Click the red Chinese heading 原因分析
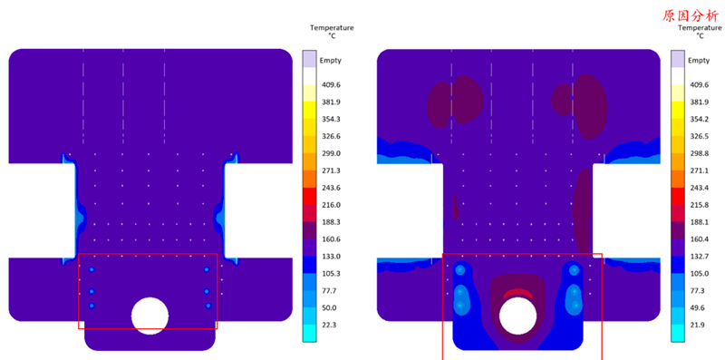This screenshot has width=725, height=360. [691, 16]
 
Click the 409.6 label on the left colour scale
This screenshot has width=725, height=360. [331, 85]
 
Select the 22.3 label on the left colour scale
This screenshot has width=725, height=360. [329, 325]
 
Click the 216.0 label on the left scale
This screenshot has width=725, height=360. [331, 205]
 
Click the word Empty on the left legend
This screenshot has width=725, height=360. [331, 61]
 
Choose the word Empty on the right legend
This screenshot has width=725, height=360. [699, 61]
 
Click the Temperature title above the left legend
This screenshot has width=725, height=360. [332, 28]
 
